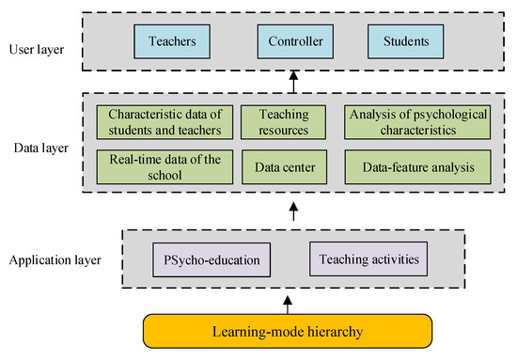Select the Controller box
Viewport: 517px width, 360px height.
(x=295, y=42)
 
